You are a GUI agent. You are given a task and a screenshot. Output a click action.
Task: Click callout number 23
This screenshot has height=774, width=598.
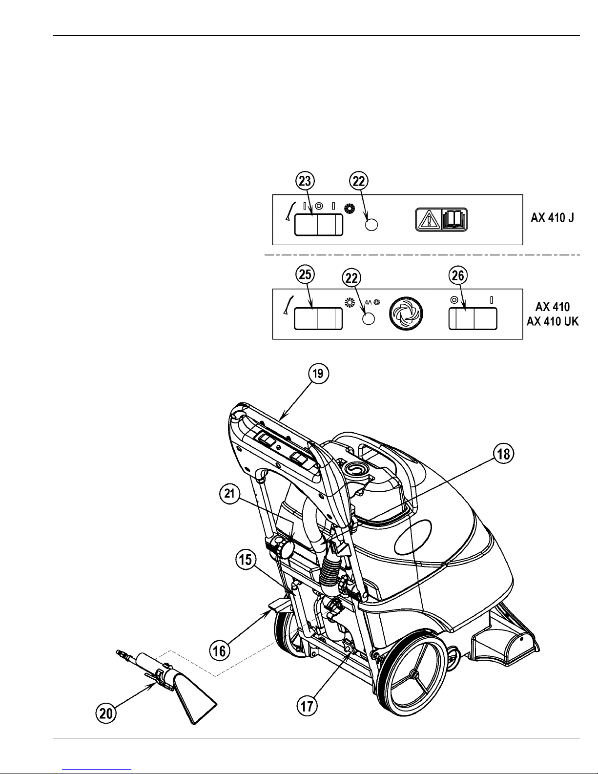[305, 181]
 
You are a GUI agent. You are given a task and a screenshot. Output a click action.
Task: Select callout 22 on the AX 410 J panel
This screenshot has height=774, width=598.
[359, 181]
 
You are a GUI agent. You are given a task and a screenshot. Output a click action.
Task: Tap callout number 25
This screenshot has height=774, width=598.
[305, 274]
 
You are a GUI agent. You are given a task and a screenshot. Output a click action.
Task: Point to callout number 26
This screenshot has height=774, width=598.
[458, 275]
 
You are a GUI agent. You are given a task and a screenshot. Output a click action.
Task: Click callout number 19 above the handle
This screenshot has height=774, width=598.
[318, 373]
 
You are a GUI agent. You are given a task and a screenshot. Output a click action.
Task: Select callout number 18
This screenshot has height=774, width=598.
[503, 454]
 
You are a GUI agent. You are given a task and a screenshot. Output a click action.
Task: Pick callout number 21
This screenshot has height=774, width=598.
[230, 493]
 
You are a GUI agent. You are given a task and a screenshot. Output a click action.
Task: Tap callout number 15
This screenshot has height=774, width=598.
[246, 560]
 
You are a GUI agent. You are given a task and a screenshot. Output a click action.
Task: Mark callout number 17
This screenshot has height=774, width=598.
[307, 706]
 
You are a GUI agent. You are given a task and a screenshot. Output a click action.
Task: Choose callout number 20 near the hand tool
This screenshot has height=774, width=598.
[106, 713]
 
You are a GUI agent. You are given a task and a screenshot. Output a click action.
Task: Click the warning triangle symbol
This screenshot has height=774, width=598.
[429, 219]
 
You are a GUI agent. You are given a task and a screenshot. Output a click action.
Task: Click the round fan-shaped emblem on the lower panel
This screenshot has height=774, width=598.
[406, 314]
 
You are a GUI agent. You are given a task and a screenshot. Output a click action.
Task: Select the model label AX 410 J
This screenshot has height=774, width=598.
[553, 217]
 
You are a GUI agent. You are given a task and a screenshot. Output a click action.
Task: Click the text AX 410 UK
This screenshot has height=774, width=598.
[553, 321]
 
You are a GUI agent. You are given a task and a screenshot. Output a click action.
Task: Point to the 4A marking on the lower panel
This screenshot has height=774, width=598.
[368, 302]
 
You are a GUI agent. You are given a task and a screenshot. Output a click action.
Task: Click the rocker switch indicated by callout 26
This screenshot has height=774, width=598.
[473, 319]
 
